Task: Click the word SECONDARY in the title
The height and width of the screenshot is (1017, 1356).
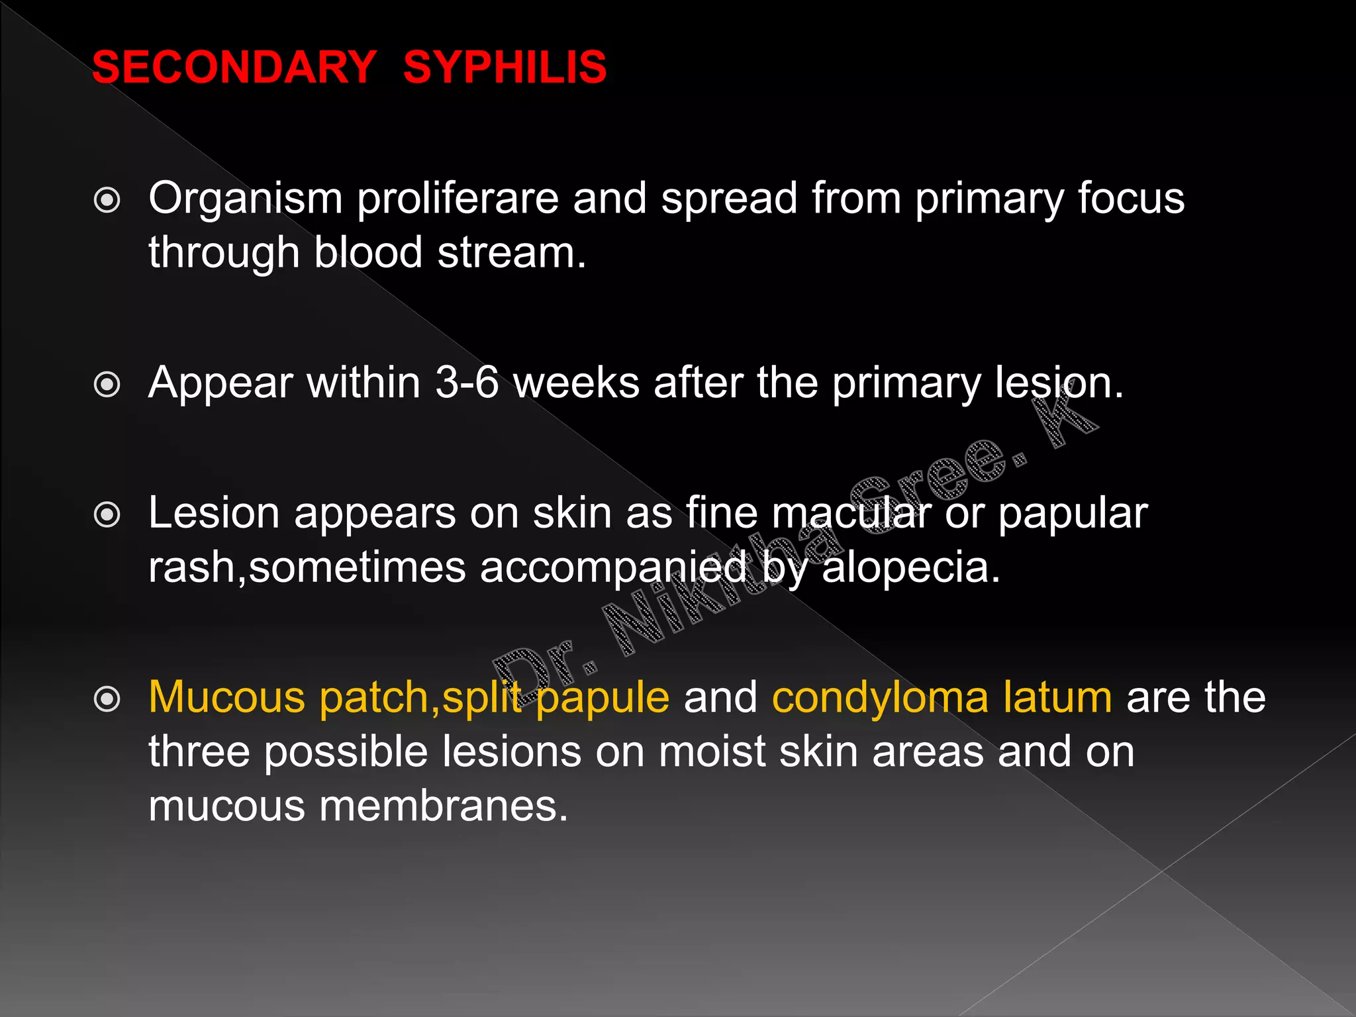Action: (x=234, y=67)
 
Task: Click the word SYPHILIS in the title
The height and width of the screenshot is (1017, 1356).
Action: (x=505, y=67)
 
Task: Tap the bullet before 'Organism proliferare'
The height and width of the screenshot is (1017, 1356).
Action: (x=107, y=200)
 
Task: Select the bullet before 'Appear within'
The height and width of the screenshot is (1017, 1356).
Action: (x=107, y=385)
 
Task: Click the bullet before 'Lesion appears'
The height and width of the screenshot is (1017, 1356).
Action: (x=107, y=514)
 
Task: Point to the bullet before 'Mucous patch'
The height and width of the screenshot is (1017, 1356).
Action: (x=107, y=699)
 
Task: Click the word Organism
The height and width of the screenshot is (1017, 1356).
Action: (x=245, y=199)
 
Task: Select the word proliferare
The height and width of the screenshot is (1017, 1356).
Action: (x=458, y=199)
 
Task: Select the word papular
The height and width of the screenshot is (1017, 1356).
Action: (x=1073, y=515)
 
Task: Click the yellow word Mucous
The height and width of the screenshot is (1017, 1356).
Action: (x=226, y=698)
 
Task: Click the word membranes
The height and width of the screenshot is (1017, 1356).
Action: (x=444, y=806)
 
